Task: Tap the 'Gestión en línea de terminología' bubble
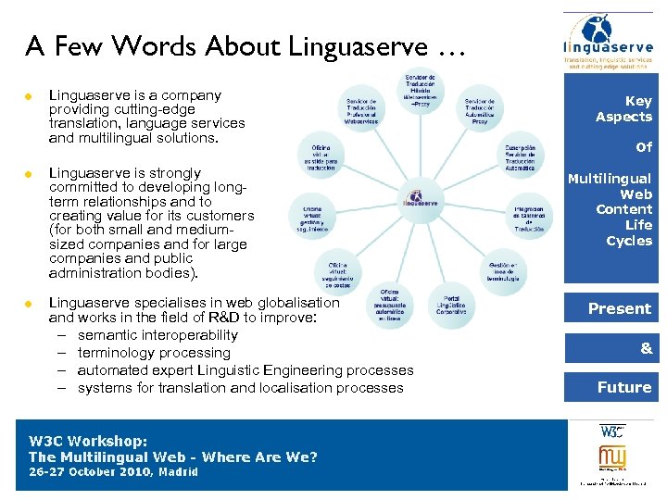click(504, 270)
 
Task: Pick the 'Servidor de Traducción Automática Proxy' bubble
click(480, 109)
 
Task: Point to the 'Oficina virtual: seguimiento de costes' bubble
click(337, 273)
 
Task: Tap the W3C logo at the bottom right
click(612, 431)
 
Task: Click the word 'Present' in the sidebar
click(620, 308)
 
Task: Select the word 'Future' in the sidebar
click(624, 387)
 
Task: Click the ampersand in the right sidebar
click(646, 348)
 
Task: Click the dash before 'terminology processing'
click(60, 353)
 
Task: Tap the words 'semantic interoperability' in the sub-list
click(157, 335)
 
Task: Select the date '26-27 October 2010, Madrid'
click(114, 472)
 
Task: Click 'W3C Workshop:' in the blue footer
click(88, 442)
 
